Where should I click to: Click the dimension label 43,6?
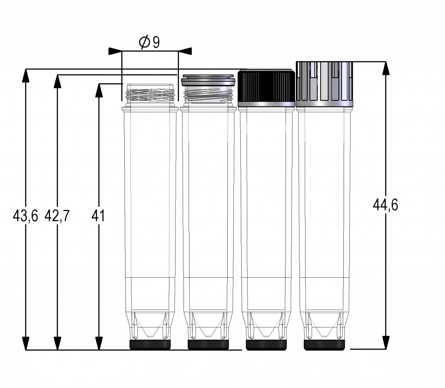pos(25,216)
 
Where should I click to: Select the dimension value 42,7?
pos(57,216)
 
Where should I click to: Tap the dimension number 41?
pos(98,216)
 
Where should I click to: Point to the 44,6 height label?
pos(385,205)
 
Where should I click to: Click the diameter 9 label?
pos(149,42)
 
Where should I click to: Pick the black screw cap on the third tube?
pos(266,87)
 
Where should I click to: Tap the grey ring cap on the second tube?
pos(208,80)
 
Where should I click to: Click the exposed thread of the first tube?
pos(150,95)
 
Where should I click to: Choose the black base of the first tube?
pos(150,345)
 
